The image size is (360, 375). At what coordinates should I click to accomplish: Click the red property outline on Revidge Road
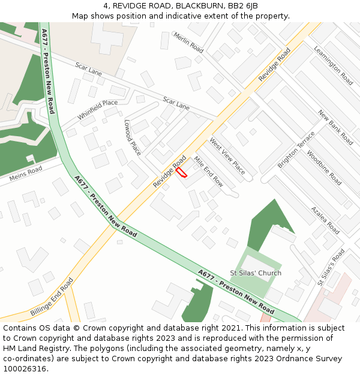tap(181, 172)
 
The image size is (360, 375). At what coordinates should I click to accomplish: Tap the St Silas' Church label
tap(256, 274)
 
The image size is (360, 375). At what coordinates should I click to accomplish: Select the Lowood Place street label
tap(132, 137)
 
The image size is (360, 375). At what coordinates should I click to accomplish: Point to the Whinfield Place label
tap(97, 110)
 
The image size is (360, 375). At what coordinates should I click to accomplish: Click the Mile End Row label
tap(208, 172)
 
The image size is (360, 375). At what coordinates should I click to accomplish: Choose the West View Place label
tap(227, 156)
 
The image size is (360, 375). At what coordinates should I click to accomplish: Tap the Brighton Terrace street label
tap(296, 149)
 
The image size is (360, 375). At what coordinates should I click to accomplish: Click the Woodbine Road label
tap(323, 167)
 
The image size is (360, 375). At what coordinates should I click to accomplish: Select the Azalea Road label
tap(325, 220)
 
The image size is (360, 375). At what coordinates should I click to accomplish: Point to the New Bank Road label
tap(335, 127)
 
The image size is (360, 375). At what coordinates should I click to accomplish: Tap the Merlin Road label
tap(188, 43)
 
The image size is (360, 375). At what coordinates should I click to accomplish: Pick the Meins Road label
tap(26, 174)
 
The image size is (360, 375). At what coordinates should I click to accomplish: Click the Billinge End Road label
tap(52, 297)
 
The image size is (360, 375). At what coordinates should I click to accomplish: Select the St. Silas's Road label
tap(331, 268)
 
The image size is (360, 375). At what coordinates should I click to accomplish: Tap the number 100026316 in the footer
tap(25, 368)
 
